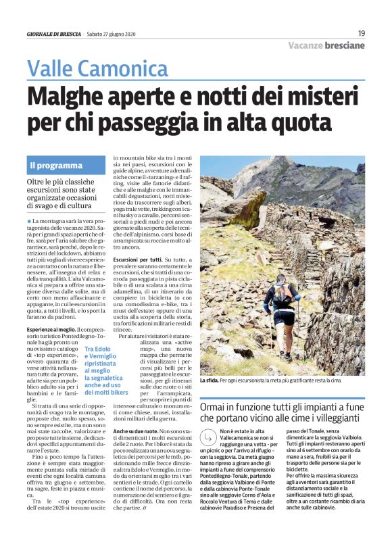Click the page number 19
click(x=361, y=33)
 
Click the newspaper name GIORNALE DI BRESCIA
click(x=54, y=34)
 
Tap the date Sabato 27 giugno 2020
click(x=112, y=34)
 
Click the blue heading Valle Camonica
click(x=97, y=68)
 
